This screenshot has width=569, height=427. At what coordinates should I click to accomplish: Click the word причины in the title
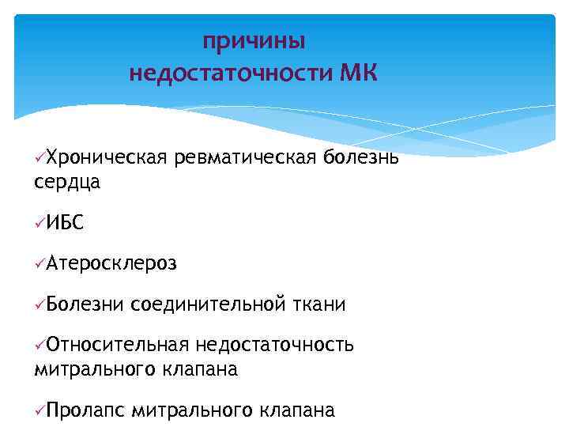pos(254,40)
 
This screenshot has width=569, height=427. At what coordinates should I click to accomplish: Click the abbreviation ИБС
pos(64,224)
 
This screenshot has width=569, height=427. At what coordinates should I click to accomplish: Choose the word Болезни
pos(85,304)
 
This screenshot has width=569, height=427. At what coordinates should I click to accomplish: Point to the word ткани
pos(318,304)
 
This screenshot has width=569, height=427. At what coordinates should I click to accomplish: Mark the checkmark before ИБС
pos(40,225)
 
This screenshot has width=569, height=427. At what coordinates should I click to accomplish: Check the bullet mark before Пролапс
pos(40,411)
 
